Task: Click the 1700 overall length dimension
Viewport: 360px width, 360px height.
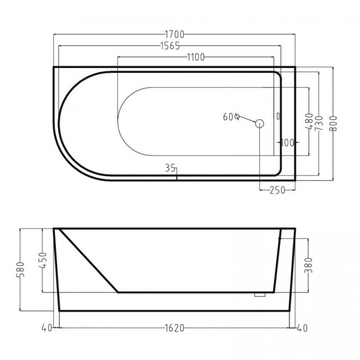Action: coord(174,34)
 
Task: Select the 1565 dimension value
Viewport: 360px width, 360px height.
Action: coord(170,46)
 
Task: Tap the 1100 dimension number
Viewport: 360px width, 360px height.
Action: coord(196,57)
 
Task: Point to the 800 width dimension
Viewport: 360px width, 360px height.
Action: coord(333,124)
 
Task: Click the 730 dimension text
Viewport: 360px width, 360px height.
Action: coord(319,124)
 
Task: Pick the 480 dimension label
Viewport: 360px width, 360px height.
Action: coord(310,121)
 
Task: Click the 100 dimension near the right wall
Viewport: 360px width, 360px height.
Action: coord(288,143)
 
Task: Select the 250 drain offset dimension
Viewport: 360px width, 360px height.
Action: coord(277,190)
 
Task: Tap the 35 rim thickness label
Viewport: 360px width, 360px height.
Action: coord(170,168)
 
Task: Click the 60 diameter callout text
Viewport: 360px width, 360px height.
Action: coord(231,117)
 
